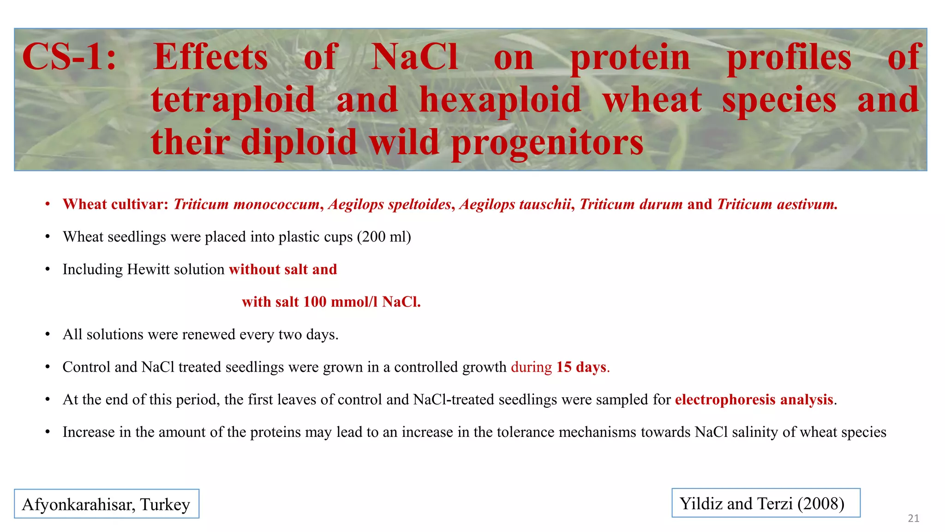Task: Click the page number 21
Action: pyautogui.click(x=913, y=518)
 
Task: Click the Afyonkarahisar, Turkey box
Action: pyautogui.click(x=107, y=504)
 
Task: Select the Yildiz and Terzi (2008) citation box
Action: pyautogui.click(x=766, y=503)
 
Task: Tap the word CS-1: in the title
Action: pyautogui.click(x=69, y=57)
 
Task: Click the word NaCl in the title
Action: pyautogui.click(x=414, y=57)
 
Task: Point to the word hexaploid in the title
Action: pyautogui.click(x=500, y=100)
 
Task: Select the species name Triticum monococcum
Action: pyautogui.click(x=246, y=204)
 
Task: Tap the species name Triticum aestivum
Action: pyautogui.click(x=777, y=204)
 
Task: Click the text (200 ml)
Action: pyautogui.click(x=383, y=237)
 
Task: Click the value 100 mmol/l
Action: pyautogui.click(x=341, y=302)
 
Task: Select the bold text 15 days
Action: pyautogui.click(x=581, y=367)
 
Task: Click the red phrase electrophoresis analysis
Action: pyautogui.click(x=754, y=399)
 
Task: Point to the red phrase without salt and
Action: pyautogui.click(x=283, y=269)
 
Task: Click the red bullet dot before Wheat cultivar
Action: pyautogui.click(x=48, y=205)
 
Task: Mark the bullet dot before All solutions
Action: pyautogui.click(x=48, y=335)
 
